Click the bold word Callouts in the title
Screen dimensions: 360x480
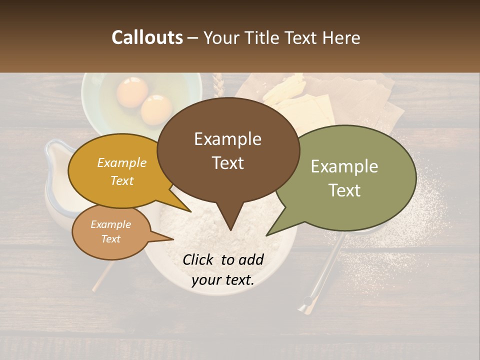tap(147, 37)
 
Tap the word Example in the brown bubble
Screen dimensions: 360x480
tap(227, 139)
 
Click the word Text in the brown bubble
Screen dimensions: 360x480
tap(227, 163)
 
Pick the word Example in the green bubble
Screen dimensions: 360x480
tap(344, 166)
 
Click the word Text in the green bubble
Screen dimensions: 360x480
tap(344, 190)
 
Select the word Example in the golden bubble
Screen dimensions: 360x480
tap(122, 163)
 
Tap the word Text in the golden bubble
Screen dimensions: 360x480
tap(122, 180)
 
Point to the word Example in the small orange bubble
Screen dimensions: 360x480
tap(110, 224)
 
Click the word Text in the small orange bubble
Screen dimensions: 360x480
tap(110, 239)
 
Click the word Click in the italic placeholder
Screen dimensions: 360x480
tap(199, 259)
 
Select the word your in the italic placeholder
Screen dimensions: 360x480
tap(205, 280)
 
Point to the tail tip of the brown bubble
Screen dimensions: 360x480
tap(230, 230)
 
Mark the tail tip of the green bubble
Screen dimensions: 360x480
tap(266, 235)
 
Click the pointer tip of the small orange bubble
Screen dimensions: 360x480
tap(174, 239)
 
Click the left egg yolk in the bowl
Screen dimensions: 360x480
tap(132, 92)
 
